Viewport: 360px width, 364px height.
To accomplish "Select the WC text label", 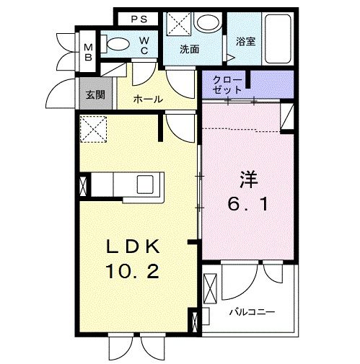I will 144,45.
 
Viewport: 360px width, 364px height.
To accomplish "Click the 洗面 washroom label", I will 189,50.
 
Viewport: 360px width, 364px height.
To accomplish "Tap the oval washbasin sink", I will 208,23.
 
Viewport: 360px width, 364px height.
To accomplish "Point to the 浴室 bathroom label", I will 245,42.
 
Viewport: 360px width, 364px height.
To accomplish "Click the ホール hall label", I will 148,99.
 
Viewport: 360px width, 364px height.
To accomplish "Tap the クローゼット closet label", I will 229,84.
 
